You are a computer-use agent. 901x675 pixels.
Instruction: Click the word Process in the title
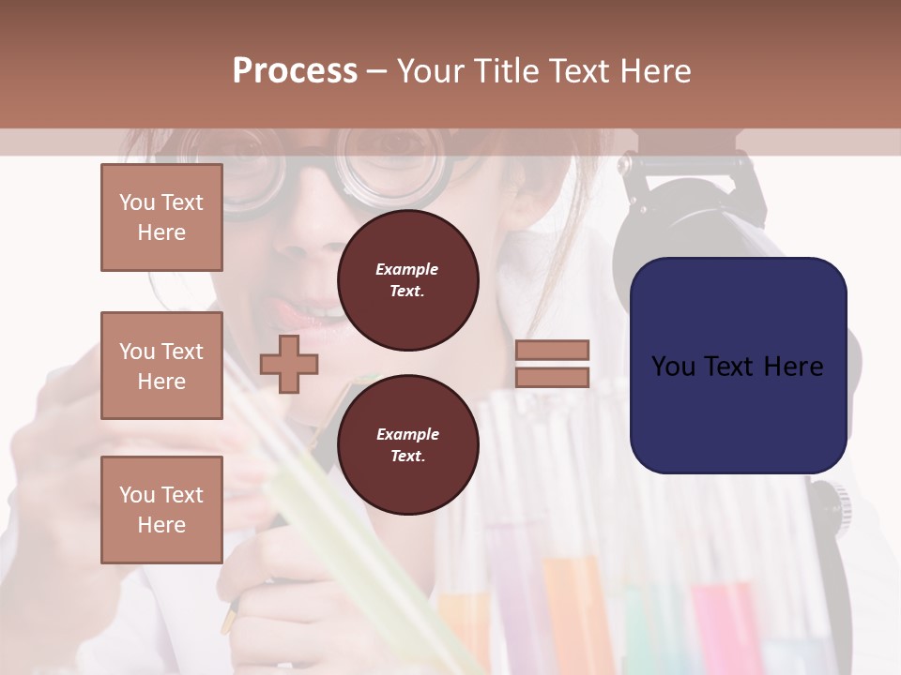click(x=295, y=71)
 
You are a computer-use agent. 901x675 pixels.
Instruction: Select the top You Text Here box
click(x=161, y=217)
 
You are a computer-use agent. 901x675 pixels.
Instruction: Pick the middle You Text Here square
click(x=161, y=366)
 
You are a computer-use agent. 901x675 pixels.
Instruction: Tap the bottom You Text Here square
click(x=161, y=510)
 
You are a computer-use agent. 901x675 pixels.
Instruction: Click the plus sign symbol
click(x=288, y=364)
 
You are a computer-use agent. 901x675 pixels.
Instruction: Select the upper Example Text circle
click(x=407, y=279)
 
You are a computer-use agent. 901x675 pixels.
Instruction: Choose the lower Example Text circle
click(x=407, y=444)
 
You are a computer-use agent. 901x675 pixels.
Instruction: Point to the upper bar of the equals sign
click(x=552, y=350)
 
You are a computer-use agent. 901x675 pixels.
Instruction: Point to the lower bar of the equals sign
click(x=552, y=378)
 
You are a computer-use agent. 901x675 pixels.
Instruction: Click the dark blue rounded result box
click(x=738, y=366)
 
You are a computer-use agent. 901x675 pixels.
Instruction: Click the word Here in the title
click(x=653, y=71)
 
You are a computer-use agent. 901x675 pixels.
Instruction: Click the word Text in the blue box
click(x=738, y=366)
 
